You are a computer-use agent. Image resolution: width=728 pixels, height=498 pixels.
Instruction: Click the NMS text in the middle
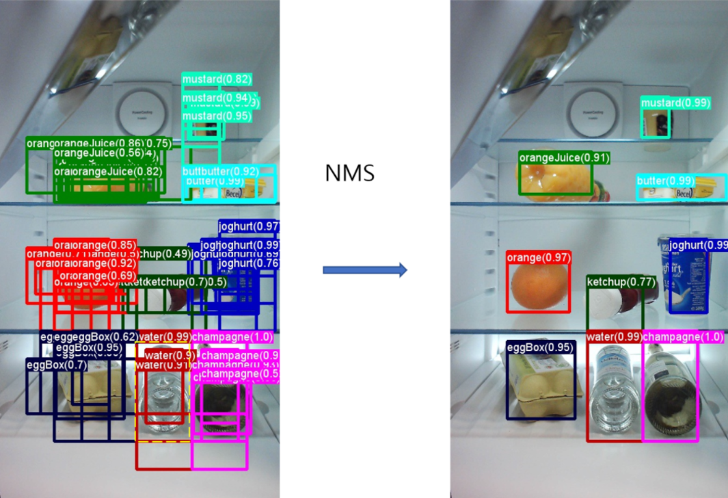click(349, 173)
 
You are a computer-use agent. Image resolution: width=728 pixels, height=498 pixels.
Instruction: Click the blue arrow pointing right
click(364, 270)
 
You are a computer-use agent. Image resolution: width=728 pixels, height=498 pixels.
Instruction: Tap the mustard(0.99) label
click(675, 103)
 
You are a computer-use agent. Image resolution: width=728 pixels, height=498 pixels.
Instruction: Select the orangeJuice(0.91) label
click(564, 158)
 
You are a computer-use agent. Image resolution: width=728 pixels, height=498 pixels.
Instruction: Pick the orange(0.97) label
click(539, 257)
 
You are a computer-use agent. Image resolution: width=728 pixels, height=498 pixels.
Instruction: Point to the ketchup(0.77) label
click(621, 281)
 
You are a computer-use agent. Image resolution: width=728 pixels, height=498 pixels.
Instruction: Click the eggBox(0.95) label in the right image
click(540, 348)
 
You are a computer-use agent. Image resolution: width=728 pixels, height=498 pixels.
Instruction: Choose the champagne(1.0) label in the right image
click(682, 337)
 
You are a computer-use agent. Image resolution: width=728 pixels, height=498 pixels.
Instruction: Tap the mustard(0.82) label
click(217, 79)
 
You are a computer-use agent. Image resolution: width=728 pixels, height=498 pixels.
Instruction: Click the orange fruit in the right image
click(538, 286)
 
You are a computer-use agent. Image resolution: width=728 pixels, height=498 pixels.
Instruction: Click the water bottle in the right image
click(612, 390)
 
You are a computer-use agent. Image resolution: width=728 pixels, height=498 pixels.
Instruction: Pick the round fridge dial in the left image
click(144, 109)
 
